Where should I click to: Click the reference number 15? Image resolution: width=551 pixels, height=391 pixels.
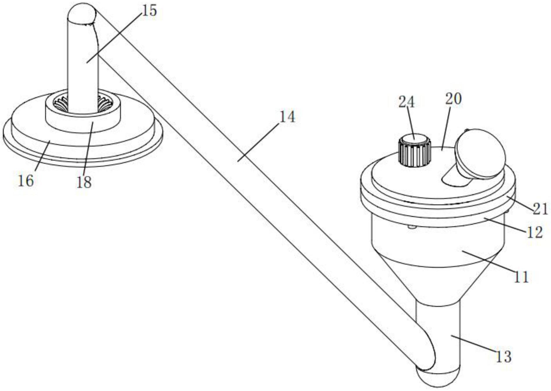coord(150,11)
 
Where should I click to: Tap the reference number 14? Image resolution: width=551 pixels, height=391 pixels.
coord(287,117)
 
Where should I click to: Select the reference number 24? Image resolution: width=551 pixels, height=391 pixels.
coord(406,102)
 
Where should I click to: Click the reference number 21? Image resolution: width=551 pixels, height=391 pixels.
coord(540,209)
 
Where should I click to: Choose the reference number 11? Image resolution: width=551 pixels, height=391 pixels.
coord(521,277)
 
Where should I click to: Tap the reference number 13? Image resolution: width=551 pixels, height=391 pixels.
coord(504,357)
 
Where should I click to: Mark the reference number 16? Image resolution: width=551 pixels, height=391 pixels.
coord(26,181)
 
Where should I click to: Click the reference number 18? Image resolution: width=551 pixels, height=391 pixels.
coord(84,183)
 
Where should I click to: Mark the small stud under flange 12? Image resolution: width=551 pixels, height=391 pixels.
coord(411,227)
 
